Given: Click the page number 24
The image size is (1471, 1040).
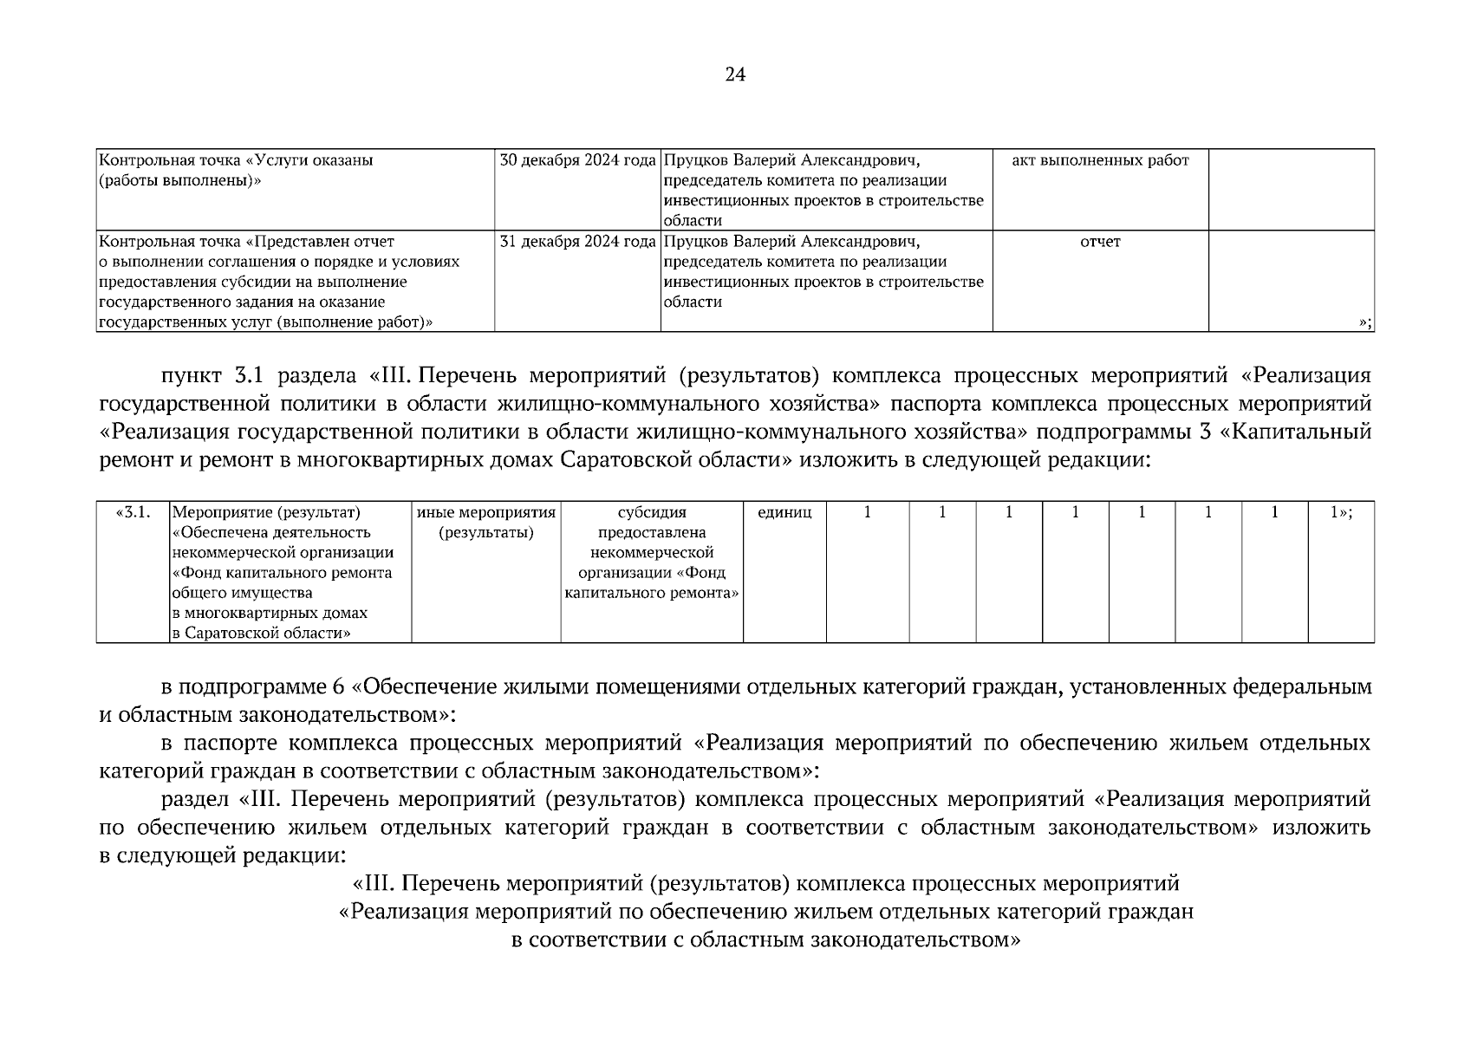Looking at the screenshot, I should pyautogui.click(x=735, y=75).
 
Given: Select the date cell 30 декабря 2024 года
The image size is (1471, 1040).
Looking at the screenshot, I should pyautogui.click(x=577, y=160).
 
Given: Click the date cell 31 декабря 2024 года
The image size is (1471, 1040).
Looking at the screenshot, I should pyautogui.click(x=577, y=242).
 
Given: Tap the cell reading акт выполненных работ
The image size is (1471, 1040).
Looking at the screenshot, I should pyautogui.click(x=1100, y=160).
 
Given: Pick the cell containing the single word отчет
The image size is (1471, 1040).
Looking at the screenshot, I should pyautogui.click(x=1100, y=242).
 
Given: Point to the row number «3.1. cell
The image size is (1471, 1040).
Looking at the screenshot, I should pyautogui.click(x=133, y=513).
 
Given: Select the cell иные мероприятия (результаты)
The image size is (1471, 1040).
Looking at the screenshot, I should pyautogui.click(x=485, y=523).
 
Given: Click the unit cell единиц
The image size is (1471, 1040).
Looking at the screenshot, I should pyautogui.click(x=784, y=513).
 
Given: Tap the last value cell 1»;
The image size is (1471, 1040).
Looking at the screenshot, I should pyautogui.click(x=1340, y=513).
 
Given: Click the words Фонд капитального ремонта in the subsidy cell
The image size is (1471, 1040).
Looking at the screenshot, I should pyautogui.click(x=652, y=583).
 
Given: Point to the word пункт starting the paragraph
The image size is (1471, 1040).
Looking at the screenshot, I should pyautogui.click(x=191, y=376).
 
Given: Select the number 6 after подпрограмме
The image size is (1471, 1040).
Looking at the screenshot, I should pyautogui.click(x=338, y=688).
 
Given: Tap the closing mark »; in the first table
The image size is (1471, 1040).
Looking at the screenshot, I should pyautogui.click(x=1364, y=322).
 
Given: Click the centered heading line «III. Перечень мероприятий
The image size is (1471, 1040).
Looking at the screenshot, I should pyautogui.click(x=766, y=884).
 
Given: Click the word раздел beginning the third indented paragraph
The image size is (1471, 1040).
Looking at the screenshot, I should pyautogui.click(x=193, y=799).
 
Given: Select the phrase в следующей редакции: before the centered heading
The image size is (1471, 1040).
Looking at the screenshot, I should pyautogui.click(x=222, y=855).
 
